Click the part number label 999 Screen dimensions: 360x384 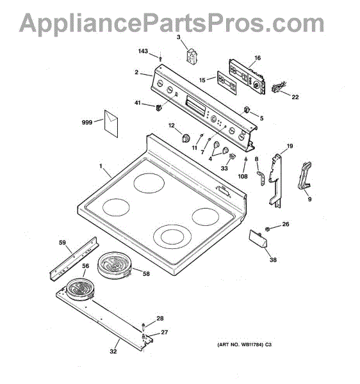coord(87,122)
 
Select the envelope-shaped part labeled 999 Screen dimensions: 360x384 coord(111,124)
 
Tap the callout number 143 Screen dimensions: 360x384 coord(143,51)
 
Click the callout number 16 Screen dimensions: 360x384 coord(258,58)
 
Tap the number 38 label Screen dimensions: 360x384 coord(273,260)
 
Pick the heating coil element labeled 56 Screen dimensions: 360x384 coord(80,289)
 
